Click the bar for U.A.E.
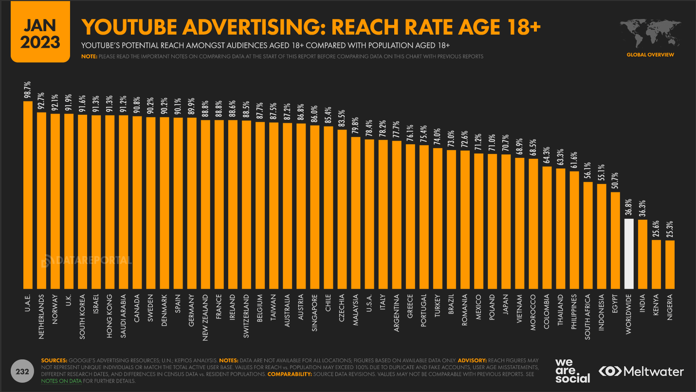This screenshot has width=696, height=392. pyautogui.click(x=28, y=195)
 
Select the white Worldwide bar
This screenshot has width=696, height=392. pyautogui.click(x=629, y=254)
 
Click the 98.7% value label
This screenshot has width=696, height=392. pyautogui.click(x=28, y=91)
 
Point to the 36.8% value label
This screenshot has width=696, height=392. pyautogui.click(x=629, y=208)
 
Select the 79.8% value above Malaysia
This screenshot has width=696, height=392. pyautogui.click(x=356, y=126)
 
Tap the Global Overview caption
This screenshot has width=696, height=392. pyautogui.click(x=650, y=55)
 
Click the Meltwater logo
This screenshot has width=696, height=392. pyautogui.click(x=641, y=372)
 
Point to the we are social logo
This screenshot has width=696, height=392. pyautogui.click(x=572, y=371)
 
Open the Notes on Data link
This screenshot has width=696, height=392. pyautogui.click(x=61, y=380)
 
